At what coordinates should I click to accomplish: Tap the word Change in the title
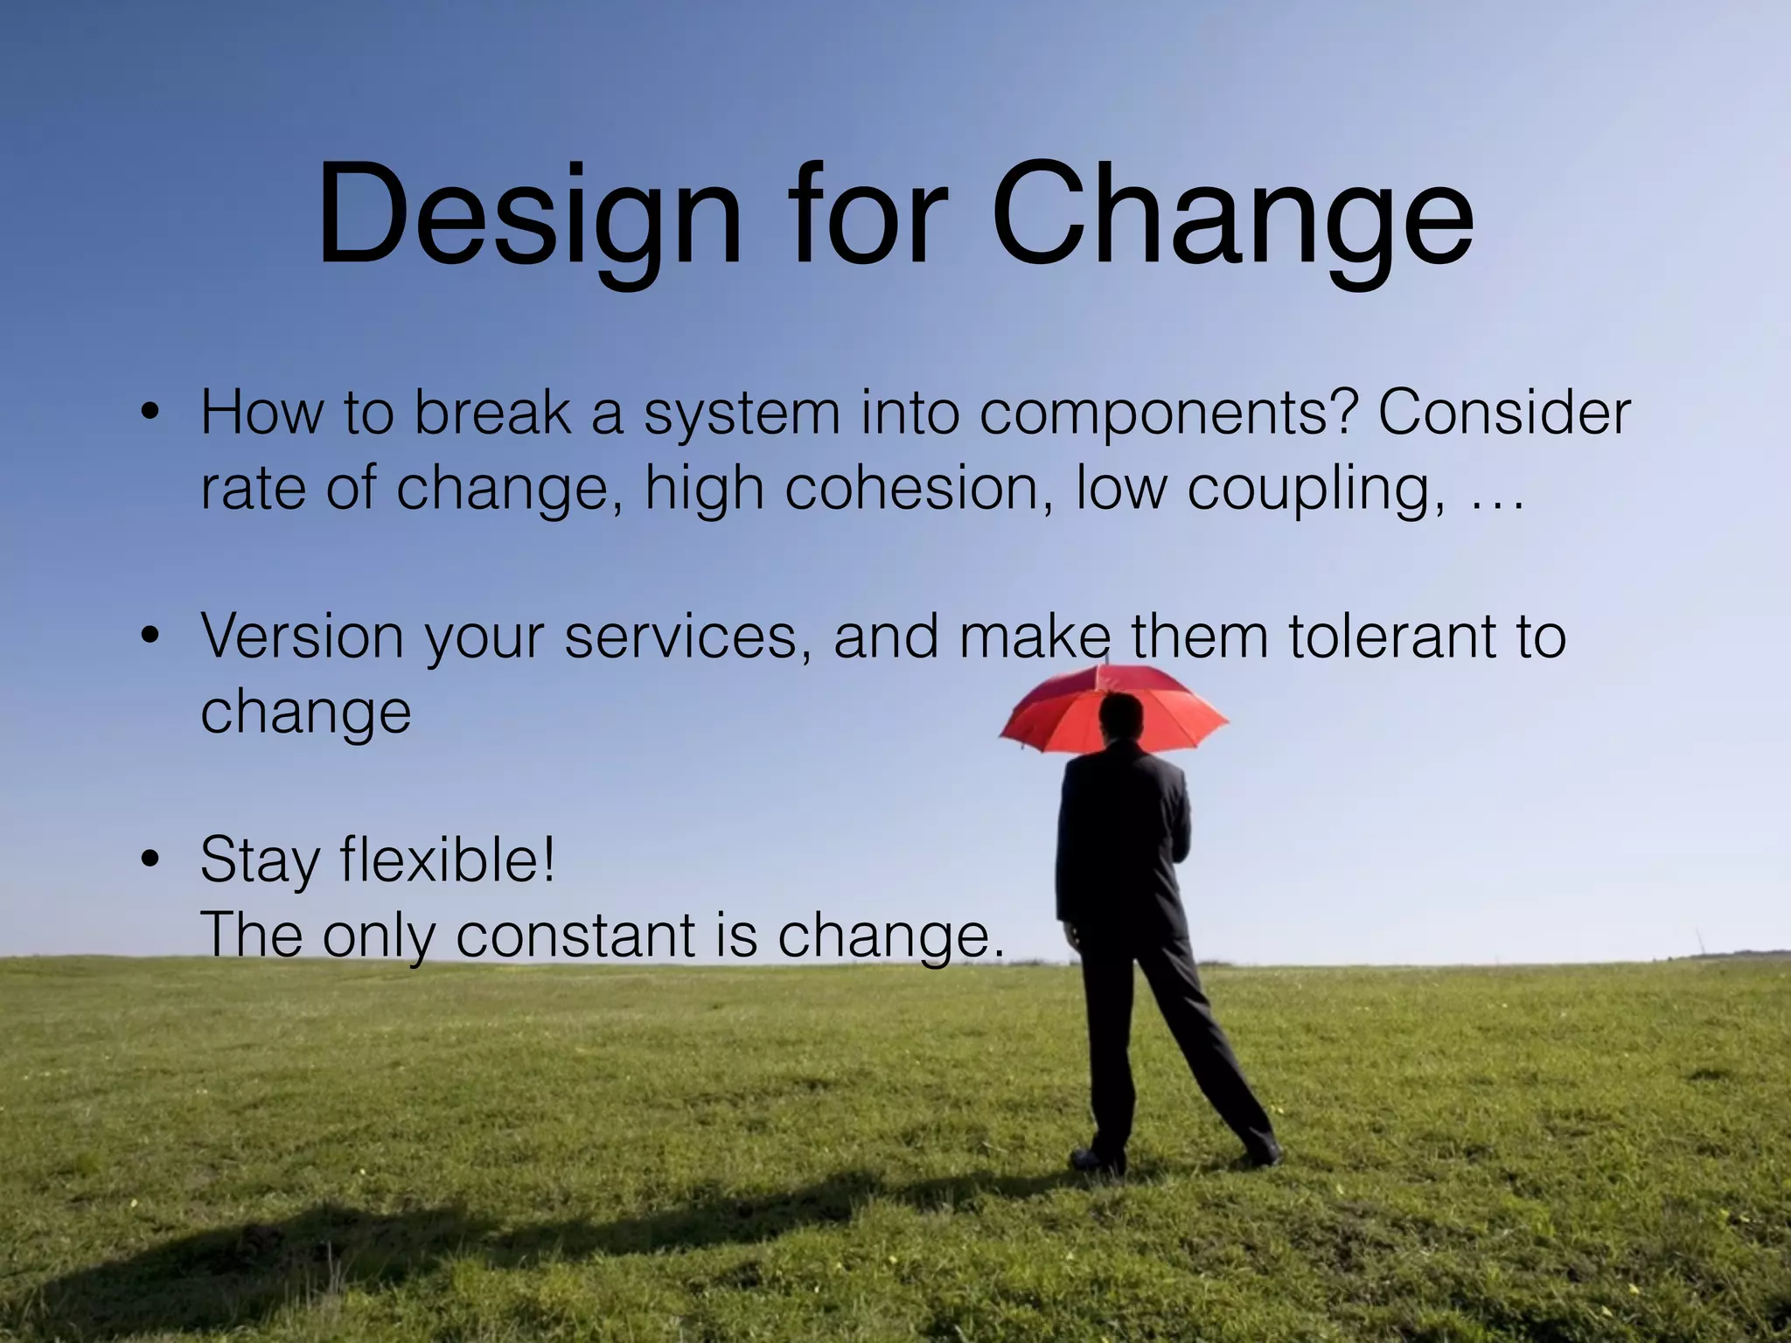(x=1232, y=215)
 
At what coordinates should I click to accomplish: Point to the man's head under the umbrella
(x=1121, y=719)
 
